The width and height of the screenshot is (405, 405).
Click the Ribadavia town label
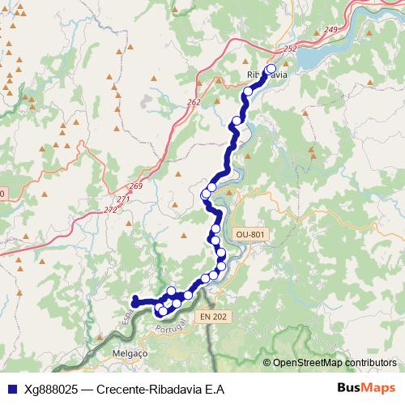click(x=266, y=75)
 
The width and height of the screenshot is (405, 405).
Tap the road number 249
click(x=330, y=30)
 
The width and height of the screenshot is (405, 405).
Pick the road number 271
click(x=123, y=199)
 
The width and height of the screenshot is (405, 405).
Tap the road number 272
click(x=110, y=210)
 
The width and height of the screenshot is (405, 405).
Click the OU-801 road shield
click(x=249, y=234)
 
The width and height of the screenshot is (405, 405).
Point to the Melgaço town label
click(x=130, y=354)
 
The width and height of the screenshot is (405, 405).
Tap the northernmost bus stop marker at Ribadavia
click(x=271, y=69)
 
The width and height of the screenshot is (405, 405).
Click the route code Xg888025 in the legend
click(x=52, y=389)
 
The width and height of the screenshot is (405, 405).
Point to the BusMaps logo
click(x=366, y=388)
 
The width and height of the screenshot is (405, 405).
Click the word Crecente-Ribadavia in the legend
click(x=148, y=389)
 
